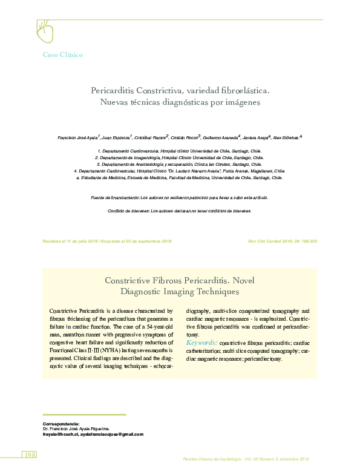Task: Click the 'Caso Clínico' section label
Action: [x=62, y=54]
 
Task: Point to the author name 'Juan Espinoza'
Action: [x=114, y=138]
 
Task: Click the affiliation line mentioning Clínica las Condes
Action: [x=180, y=164]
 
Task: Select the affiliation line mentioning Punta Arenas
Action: [x=179, y=171]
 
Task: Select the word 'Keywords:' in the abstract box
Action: [x=202, y=343]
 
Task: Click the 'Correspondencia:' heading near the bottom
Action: [x=61, y=424]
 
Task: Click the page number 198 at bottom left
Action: [x=30, y=454]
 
